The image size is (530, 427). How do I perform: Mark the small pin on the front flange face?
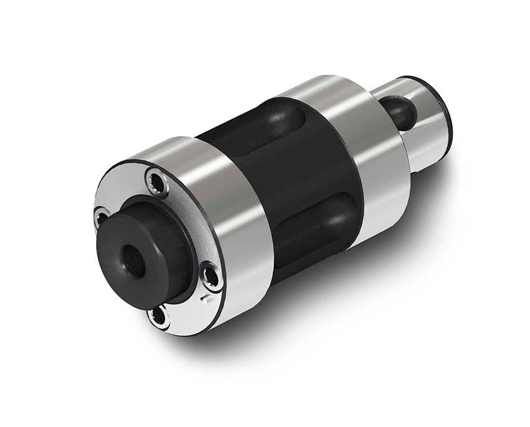coord(205,301)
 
